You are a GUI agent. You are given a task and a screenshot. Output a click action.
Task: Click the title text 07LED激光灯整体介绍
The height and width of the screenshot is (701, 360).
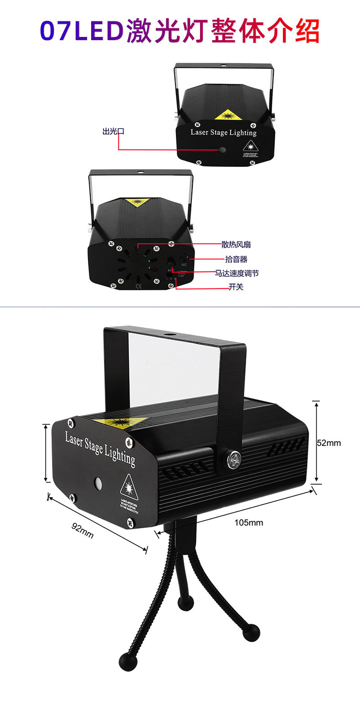(x=180, y=31)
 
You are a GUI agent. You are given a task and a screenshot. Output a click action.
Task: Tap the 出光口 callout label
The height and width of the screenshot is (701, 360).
(x=113, y=132)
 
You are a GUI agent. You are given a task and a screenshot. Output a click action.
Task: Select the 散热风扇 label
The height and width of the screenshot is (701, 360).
(x=236, y=245)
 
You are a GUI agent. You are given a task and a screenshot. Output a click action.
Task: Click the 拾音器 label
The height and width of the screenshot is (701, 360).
(x=236, y=259)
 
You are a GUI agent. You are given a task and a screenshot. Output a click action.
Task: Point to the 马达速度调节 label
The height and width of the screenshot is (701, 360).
(x=237, y=273)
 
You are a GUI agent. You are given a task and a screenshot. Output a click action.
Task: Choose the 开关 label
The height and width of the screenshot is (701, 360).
(x=236, y=287)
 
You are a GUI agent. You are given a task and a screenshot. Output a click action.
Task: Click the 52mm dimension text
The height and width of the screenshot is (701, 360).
(x=329, y=443)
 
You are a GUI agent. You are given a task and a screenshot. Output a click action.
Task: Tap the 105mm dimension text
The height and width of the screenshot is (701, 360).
(x=249, y=522)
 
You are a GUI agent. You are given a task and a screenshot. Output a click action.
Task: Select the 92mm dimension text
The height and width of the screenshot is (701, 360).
(x=82, y=530)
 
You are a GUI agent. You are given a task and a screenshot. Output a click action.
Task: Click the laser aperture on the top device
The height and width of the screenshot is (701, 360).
(x=222, y=149)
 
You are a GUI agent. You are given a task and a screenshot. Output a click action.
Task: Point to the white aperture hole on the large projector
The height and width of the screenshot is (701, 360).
(x=98, y=483)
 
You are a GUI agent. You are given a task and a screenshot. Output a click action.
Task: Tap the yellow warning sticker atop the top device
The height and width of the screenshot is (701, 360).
(x=228, y=114)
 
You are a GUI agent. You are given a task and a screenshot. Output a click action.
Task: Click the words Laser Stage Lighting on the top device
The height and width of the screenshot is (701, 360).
(x=223, y=133)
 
